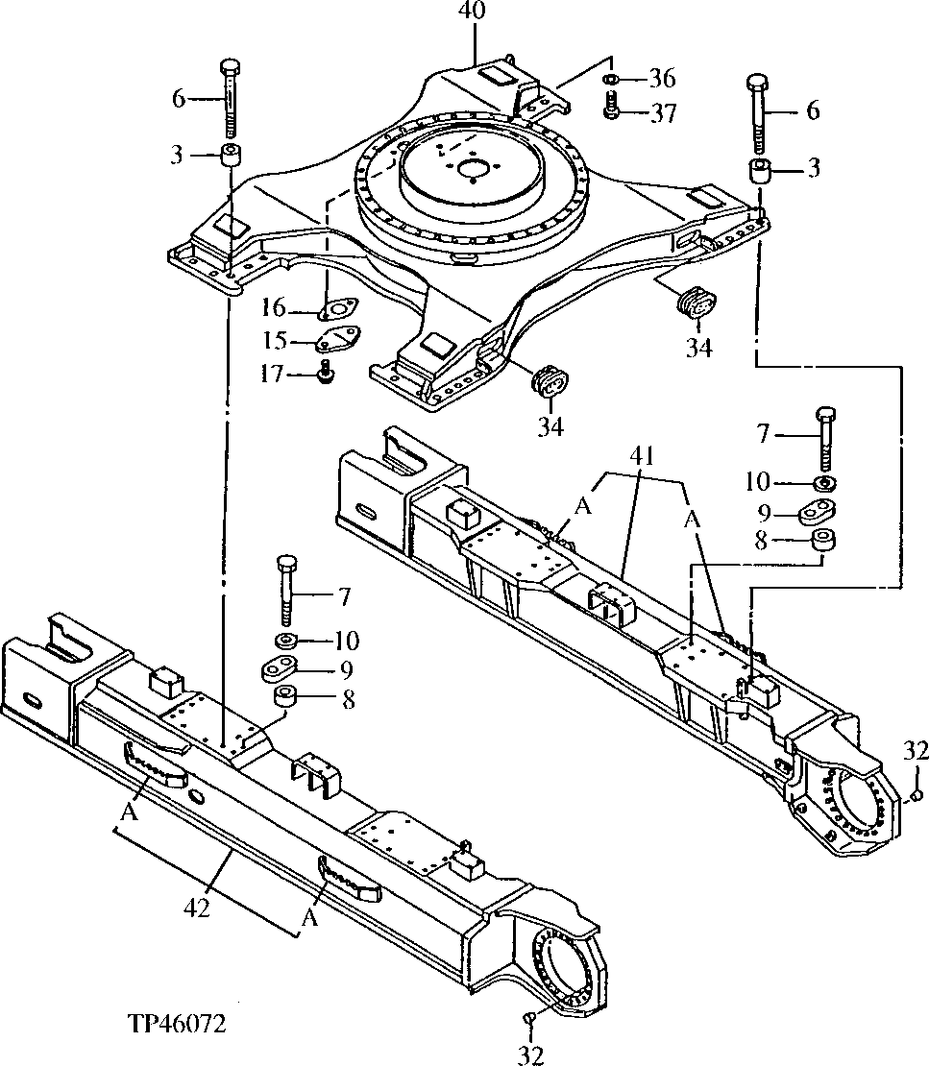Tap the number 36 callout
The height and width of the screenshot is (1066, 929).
pyautogui.click(x=663, y=78)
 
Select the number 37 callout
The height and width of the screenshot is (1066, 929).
pyautogui.click(x=663, y=113)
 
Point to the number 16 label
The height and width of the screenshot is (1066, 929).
pyautogui.click(x=273, y=308)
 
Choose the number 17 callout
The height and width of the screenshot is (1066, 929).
pyautogui.click(x=273, y=374)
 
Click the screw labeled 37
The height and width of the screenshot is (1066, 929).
pyautogui.click(x=611, y=111)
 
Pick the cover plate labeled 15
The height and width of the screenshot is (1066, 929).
pyautogui.click(x=336, y=341)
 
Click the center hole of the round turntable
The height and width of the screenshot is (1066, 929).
pyautogui.click(x=472, y=171)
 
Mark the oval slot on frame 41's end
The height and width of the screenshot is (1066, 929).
pyautogui.click(x=367, y=509)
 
